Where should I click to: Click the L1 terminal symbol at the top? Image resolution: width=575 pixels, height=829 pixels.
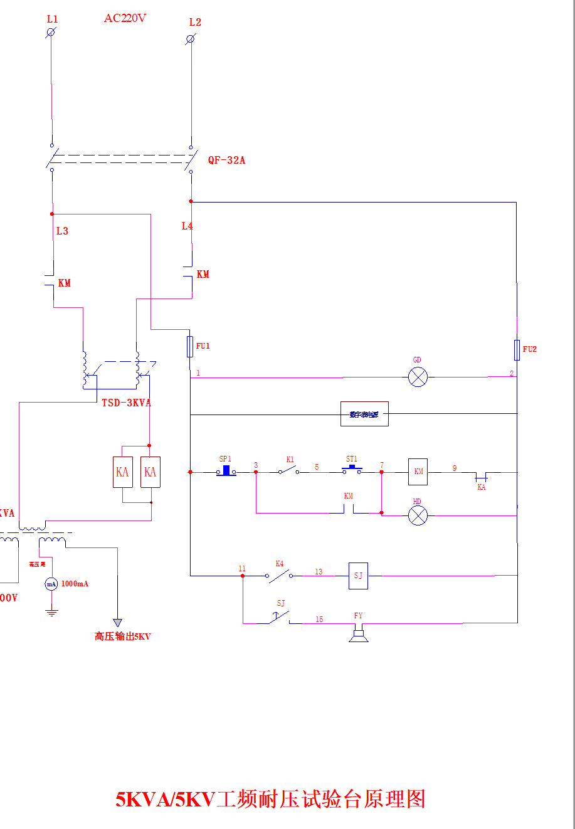pyautogui.click(x=51, y=32)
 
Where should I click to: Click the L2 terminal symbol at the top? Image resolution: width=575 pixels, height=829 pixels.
pyautogui.click(x=191, y=39)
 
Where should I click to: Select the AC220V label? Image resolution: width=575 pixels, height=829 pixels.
pyautogui.click(x=125, y=18)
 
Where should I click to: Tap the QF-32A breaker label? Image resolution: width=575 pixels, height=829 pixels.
pyautogui.click(x=226, y=160)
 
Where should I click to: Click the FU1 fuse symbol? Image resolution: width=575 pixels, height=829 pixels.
pyautogui.click(x=190, y=346)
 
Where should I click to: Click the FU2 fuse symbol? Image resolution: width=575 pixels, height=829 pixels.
pyautogui.click(x=517, y=350)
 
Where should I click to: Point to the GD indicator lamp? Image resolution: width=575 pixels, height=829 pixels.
pyautogui.click(x=418, y=377)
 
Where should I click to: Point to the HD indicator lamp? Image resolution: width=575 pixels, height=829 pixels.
pyautogui.click(x=418, y=515)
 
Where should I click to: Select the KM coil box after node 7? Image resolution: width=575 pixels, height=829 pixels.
pyautogui.click(x=418, y=472)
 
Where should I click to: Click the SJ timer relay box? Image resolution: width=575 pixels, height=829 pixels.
pyautogui.click(x=358, y=576)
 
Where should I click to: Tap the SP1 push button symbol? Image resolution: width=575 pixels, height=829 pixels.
pyautogui.click(x=226, y=470)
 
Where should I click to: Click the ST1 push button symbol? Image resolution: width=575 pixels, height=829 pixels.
pyautogui.click(x=352, y=468)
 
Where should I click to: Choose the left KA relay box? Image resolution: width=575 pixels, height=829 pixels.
pyautogui.click(x=122, y=472)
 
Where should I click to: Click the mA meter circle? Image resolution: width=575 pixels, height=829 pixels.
pyautogui.click(x=51, y=584)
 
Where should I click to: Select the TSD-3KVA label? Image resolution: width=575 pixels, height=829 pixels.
pyautogui.click(x=127, y=403)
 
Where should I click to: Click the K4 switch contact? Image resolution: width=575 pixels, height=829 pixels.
pyautogui.click(x=279, y=574)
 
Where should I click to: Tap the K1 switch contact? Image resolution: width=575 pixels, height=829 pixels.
pyautogui.click(x=288, y=470)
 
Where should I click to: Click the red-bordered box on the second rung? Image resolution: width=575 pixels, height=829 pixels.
pyautogui.click(x=364, y=414)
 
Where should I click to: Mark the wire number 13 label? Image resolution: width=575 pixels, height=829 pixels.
pyautogui.click(x=319, y=571)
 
